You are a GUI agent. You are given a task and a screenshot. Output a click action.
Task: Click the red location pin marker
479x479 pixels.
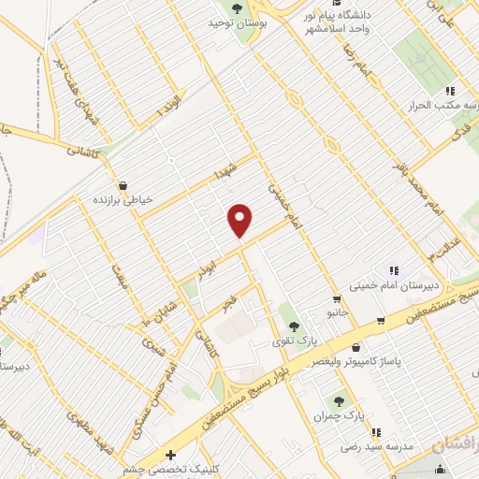[240, 220]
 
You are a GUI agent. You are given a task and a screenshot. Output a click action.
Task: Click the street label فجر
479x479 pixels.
[228, 301]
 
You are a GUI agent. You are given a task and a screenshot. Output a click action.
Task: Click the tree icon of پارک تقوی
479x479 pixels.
[295, 327]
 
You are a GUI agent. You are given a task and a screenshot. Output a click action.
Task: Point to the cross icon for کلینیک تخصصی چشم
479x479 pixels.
[169, 455]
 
